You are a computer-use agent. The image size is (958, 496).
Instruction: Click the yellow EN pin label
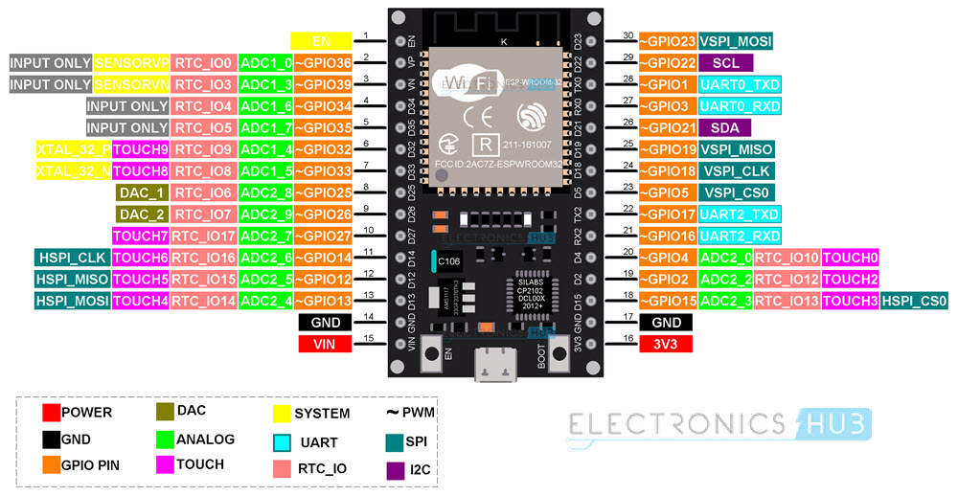coord(321,41)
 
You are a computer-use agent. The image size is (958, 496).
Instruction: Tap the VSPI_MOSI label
coord(736,41)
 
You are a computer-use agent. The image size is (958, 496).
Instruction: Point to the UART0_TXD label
coord(740,84)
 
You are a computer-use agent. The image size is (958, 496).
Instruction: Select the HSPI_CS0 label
coord(915,301)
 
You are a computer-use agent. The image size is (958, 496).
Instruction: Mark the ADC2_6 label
coord(265,258)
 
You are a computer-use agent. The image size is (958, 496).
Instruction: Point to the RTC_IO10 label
coord(786,258)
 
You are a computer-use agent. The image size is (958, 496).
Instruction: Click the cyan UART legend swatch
coord(282,442)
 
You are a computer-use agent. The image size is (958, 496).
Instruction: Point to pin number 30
coord(628,35)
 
